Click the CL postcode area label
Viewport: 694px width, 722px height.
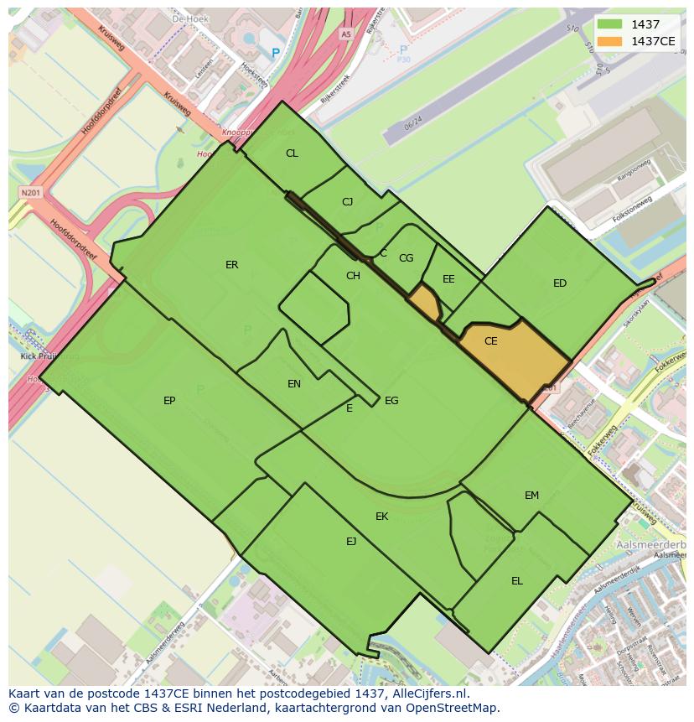click(292, 153)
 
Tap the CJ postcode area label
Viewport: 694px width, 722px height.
click(348, 202)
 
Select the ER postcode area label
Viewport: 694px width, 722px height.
click(232, 265)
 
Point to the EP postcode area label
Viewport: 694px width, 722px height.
click(169, 401)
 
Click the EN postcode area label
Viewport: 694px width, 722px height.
click(294, 384)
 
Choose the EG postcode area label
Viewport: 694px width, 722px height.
click(391, 401)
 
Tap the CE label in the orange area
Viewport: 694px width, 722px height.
click(491, 341)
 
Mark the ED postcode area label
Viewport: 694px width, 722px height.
click(560, 283)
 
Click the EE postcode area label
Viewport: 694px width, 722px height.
click(448, 279)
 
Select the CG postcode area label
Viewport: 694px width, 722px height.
click(406, 258)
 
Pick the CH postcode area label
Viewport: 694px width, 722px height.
click(353, 276)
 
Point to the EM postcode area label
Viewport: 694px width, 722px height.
click(531, 496)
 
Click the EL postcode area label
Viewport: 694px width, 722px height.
click(517, 581)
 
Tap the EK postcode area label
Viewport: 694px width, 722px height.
click(381, 517)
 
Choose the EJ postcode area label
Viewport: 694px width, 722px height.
click(351, 542)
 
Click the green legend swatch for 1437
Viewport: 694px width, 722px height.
click(609, 25)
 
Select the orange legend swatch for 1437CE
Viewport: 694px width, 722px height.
click(609, 41)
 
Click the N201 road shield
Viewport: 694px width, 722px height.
click(30, 193)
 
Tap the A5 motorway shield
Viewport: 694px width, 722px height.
click(346, 34)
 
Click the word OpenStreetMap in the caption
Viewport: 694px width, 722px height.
click(457, 708)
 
